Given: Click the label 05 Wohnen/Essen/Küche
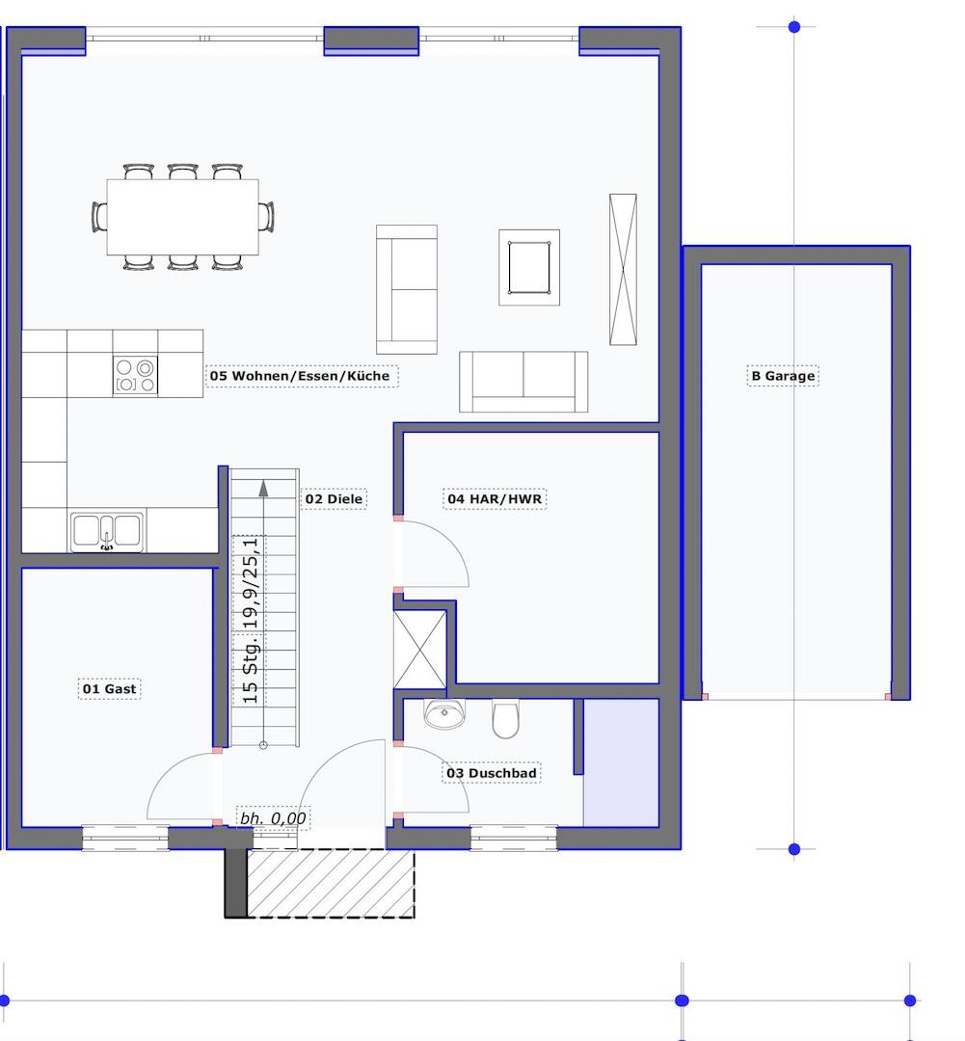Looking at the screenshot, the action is coord(300,376).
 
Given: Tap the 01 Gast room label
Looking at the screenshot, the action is coord(110,689).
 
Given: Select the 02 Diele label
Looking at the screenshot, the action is coord(335,499).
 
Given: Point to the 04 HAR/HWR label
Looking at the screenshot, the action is coord(495,499).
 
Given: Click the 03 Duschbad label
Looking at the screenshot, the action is coord(492,773).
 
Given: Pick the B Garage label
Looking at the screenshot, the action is coord(783,376).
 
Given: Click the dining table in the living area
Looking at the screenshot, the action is coord(182,217).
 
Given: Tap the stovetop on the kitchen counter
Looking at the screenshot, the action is coord(135,376).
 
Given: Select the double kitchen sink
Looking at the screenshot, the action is coord(107,532).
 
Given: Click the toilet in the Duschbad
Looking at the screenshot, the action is coord(505,718).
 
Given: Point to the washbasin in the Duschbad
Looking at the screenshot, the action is coord(444,713).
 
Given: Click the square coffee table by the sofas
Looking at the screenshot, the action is coord(529,268).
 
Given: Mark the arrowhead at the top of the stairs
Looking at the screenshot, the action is coord(264,488).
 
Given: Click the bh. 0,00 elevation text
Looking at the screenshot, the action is coord(273,818).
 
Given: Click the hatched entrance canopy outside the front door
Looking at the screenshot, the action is coord(331,884).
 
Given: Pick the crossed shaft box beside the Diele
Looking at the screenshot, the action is coord(419,650).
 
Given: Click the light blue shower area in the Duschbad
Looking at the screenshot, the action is coord(621,762).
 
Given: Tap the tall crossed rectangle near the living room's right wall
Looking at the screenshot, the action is coord(623,270).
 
